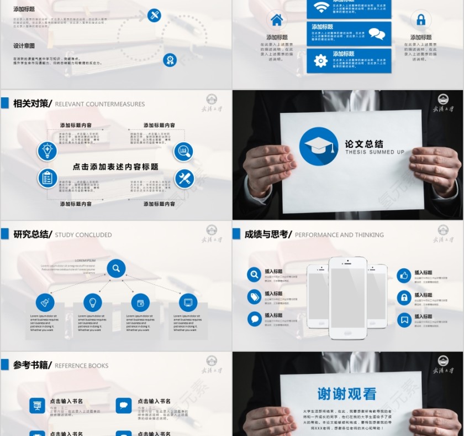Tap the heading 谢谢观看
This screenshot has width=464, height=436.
click(x=347, y=393)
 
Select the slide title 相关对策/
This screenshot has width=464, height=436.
click(x=33, y=103)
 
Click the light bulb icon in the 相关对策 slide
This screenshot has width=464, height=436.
click(x=48, y=150)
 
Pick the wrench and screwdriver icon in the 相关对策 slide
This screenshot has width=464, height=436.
click(x=184, y=178)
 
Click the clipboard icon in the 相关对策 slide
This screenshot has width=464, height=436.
click(x=48, y=178)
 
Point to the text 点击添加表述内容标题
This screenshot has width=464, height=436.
click(x=115, y=166)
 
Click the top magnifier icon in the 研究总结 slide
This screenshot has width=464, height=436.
click(x=116, y=269)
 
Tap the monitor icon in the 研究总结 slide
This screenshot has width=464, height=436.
click(x=188, y=303)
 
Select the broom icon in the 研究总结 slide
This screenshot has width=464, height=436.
click(x=45, y=303)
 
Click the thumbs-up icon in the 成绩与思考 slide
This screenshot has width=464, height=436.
click(x=404, y=275)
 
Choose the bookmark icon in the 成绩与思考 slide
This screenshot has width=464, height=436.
click(x=404, y=319)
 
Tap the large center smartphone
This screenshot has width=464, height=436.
click(x=347, y=297)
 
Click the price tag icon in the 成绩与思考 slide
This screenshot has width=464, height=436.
click(x=254, y=297)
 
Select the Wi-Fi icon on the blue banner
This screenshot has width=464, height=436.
click(x=321, y=7)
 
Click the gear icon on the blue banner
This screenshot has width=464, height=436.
click(x=321, y=61)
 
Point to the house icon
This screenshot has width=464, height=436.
click(x=277, y=20)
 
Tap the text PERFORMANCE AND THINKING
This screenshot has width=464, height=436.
click(x=339, y=235)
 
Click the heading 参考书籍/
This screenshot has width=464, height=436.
click(x=33, y=365)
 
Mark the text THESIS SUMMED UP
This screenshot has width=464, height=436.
click(x=375, y=152)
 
